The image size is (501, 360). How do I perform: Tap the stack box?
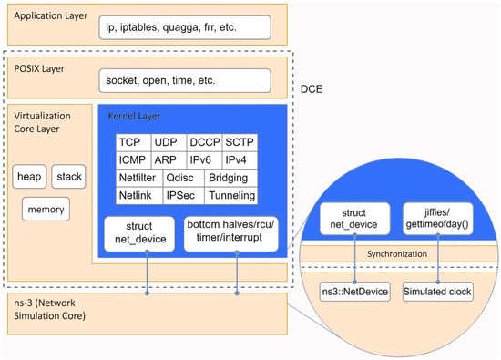(68, 176)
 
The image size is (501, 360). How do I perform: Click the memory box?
(48, 209)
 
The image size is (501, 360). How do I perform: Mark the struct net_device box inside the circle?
(353, 217)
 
